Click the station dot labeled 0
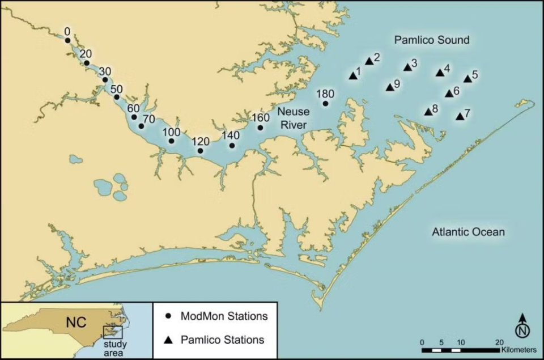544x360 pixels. [x=67, y=40]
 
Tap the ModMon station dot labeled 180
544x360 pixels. [x=325, y=104]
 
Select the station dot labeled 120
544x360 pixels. [x=200, y=151]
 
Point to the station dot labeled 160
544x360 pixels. [x=260, y=128]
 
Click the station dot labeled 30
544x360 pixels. [x=105, y=80]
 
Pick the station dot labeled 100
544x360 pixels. [x=171, y=141]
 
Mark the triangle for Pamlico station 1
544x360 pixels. [x=352, y=75]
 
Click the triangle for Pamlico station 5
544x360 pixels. [x=467, y=79]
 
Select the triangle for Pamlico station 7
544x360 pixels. [x=460, y=117]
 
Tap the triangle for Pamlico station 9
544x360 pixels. [x=389, y=87]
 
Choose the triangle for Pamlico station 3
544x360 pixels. [x=407, y=67]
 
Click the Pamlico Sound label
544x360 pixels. [x=432, y=40]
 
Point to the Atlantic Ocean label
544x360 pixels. [x=468, y=232]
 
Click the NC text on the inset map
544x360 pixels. [x=76, y=323]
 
